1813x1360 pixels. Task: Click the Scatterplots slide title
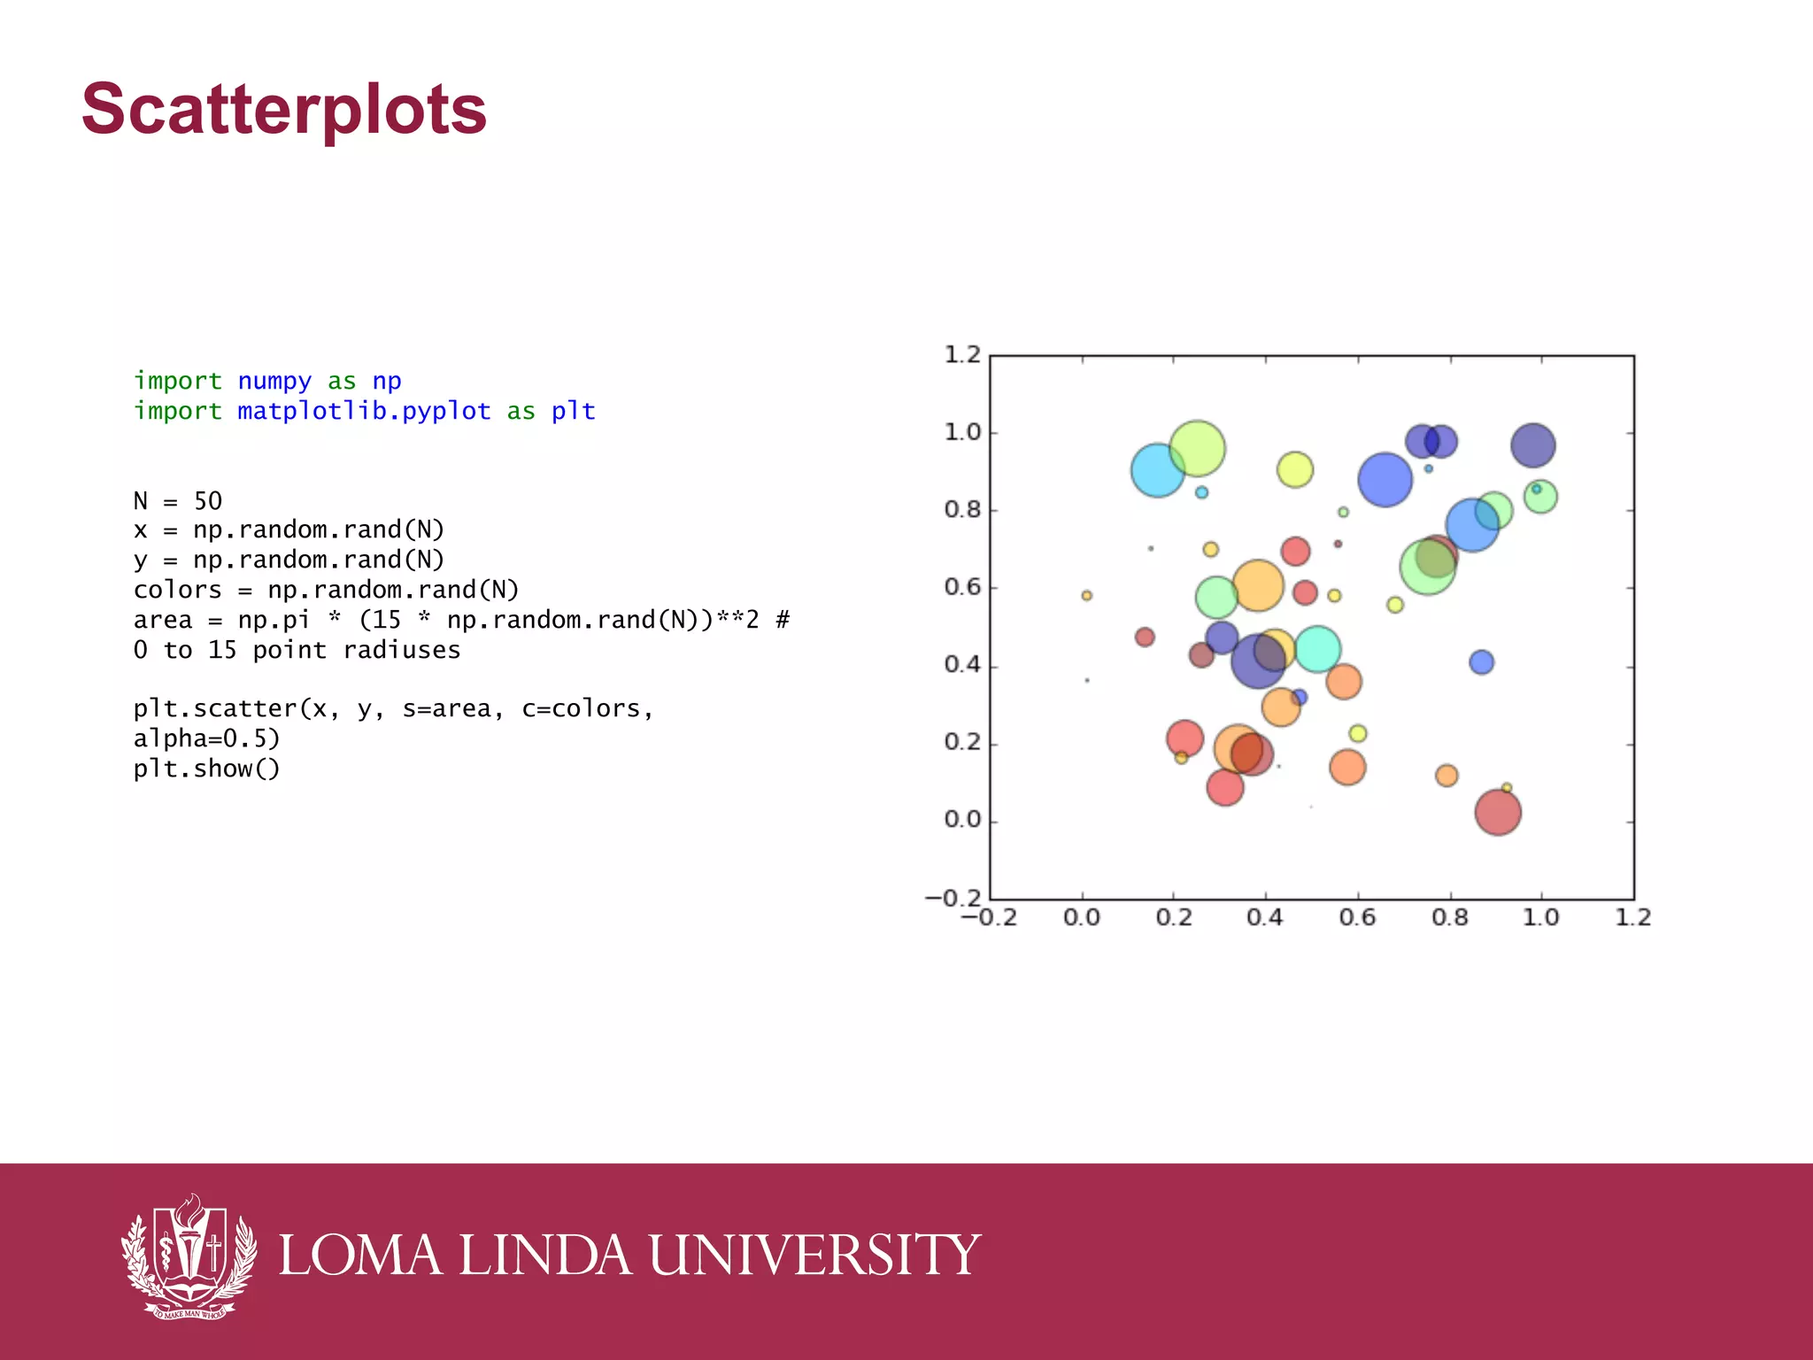coord(283,109)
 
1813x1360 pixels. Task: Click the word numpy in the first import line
coord(274,381)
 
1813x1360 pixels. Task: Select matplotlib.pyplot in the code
coord(364,411)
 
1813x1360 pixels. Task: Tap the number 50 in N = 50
coord(208,501)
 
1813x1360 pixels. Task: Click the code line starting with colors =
coord(326,590)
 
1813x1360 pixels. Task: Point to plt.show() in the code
coord(206,769)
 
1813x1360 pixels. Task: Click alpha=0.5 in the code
coord(206,738)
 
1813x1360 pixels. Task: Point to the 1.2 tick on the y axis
coord(962,355)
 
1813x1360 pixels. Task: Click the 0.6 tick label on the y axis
coord(962,587)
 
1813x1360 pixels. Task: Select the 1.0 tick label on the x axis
coord(1540,917)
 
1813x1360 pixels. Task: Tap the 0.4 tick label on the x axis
coord(1264,917)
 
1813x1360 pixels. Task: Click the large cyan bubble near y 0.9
coord(1157,470)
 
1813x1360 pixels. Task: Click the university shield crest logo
coord(189,1256)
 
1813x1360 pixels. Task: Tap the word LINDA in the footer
coord(544,1256)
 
